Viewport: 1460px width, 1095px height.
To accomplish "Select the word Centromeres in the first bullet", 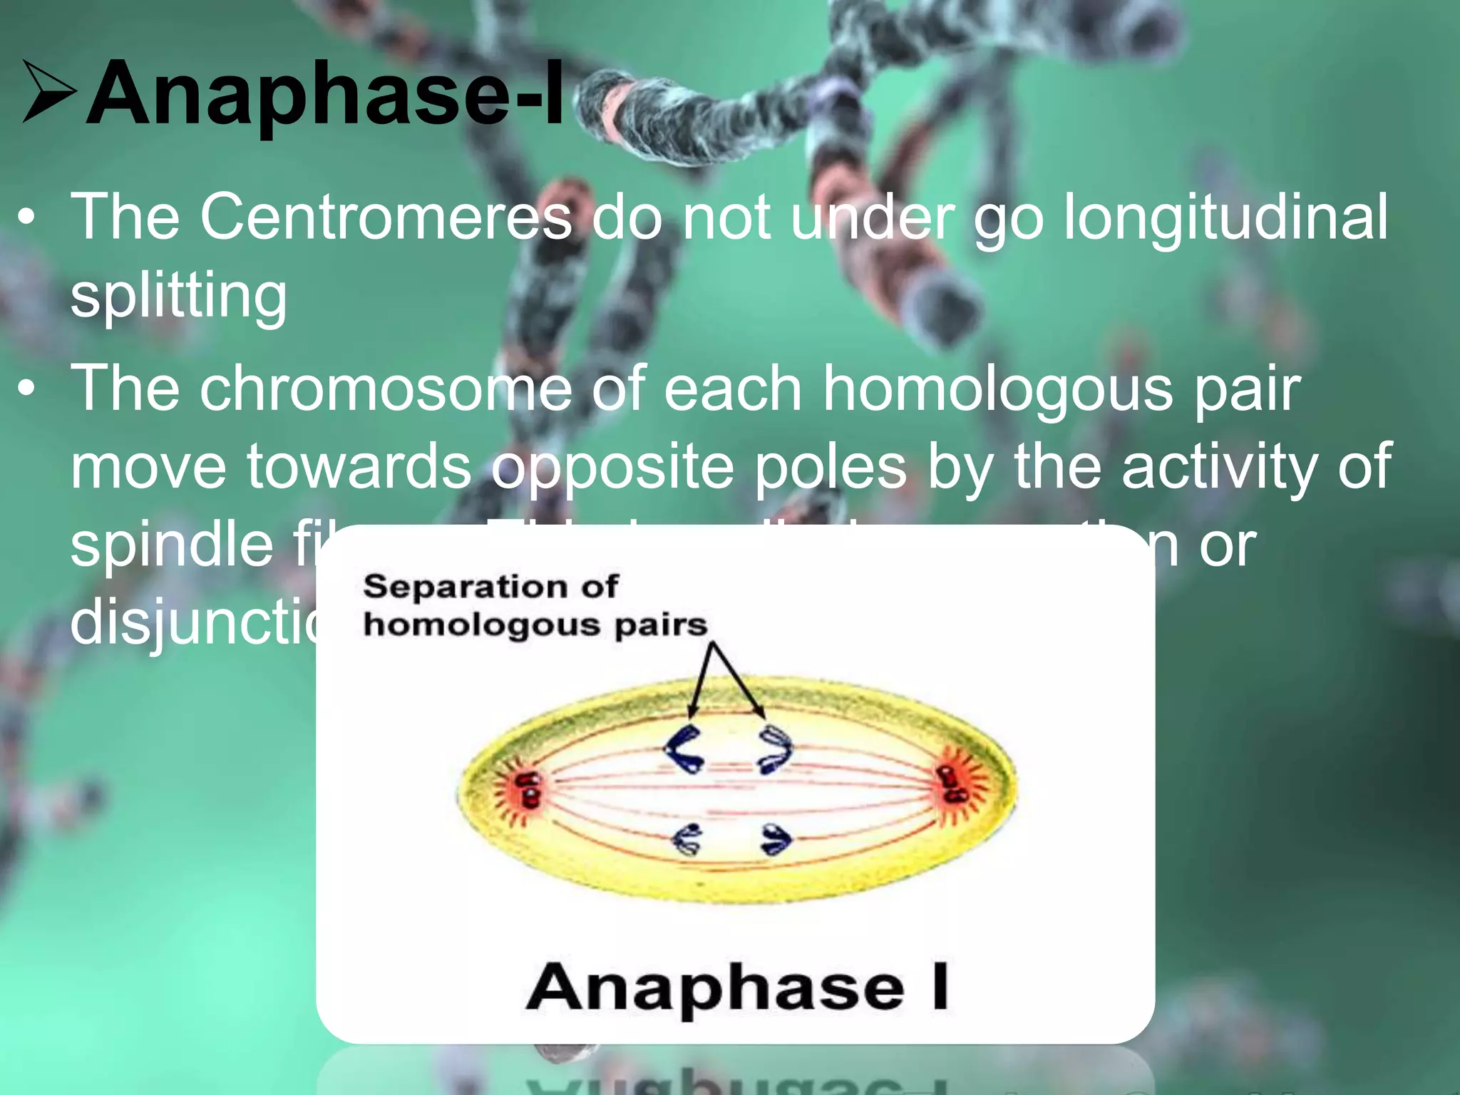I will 385,217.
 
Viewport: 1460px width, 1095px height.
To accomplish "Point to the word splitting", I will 178,296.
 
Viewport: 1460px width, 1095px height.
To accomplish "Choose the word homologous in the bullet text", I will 998,389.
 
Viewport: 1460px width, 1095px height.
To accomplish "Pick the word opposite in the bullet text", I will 613,467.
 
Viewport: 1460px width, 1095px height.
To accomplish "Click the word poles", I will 831,467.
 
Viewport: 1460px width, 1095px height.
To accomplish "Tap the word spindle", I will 171,545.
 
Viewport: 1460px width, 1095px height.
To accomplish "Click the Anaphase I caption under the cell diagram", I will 737,987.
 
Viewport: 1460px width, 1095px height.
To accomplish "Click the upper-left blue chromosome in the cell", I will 684,749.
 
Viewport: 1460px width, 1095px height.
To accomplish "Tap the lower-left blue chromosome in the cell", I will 688,839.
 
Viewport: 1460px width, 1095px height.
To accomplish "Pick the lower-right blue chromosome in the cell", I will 776,839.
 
